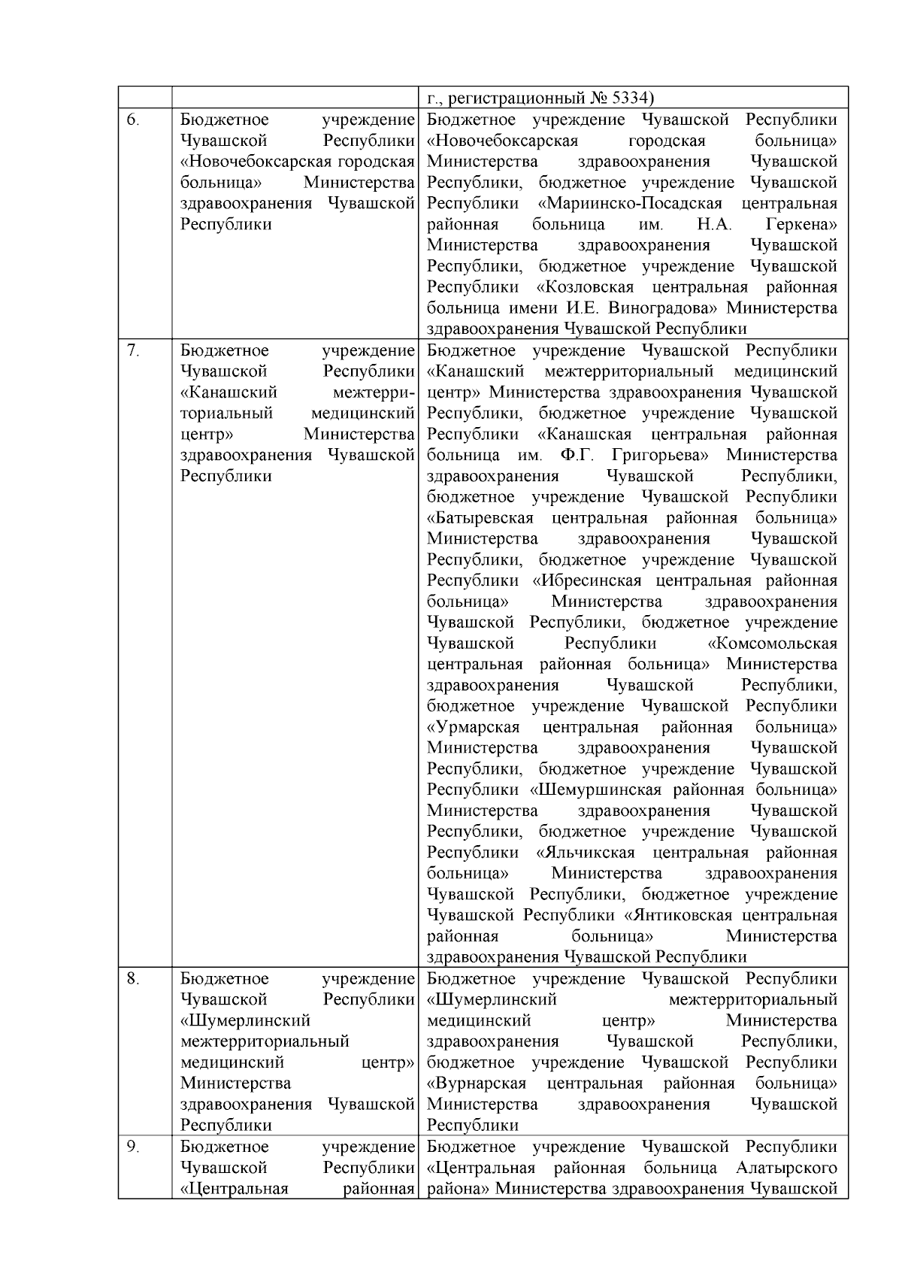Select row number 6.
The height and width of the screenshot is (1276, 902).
pyautogui.click(x=132, y=120)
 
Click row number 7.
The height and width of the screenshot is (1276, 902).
pyautogui.click(x=132, y=350)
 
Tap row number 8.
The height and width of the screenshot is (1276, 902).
pyautogui.click(x=132, y=979)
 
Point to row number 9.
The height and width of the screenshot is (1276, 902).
pyautogui.click(x=132, y=1147)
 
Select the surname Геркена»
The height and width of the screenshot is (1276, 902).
pyautogui.click(x=801, y=225)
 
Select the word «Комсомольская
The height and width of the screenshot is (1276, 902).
pyautogui.click(x=773, y=644)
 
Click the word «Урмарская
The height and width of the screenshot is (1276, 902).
pyautogui.click(x=474, y=728)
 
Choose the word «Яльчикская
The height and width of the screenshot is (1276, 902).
pyautogui.click(x=586, y=853)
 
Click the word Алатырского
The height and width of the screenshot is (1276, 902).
pyautogui.click(x=787, y=1168)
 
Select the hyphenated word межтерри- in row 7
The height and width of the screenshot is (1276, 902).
pyautogui.click(x=374, y=392)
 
